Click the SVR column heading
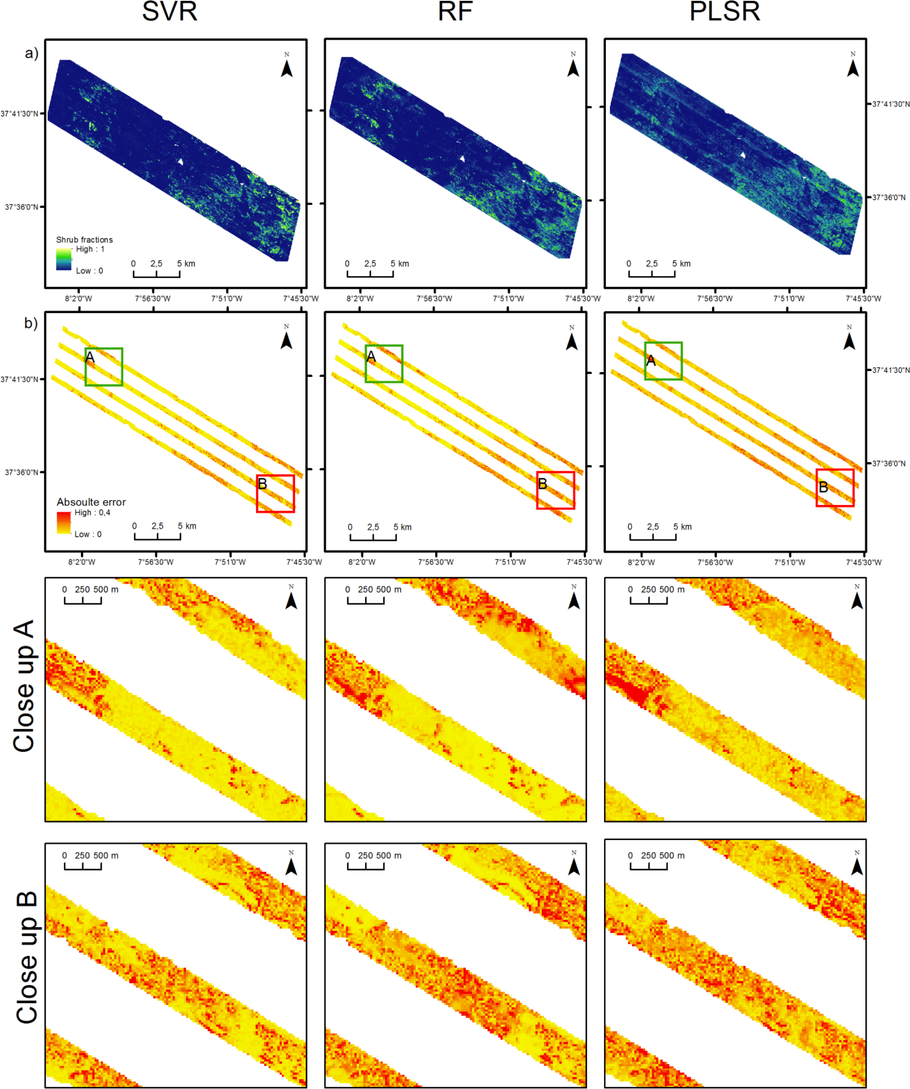(x=170, y=11)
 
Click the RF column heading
(x=455, y=11)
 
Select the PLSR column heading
(x=724, y=11)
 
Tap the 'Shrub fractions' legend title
(x=84, y=240)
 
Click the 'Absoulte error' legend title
(x=91, y=502)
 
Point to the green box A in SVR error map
(x=104, y=367)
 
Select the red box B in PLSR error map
(x=835, y=487)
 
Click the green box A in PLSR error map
(x=663, y=361)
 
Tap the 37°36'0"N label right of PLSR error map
(x=888, y=463)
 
